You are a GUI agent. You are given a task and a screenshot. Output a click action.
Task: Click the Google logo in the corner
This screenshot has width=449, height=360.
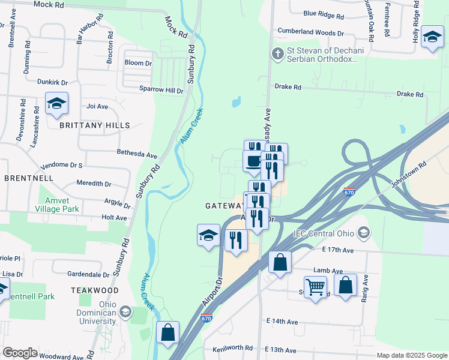pos(20,353)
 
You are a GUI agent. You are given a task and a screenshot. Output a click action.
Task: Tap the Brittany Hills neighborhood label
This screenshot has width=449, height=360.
pos(94,125)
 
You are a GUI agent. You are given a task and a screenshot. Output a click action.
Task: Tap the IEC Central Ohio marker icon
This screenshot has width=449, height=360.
pos(363,232)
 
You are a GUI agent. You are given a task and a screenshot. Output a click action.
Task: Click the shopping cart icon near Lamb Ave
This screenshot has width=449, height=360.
pos(315,287)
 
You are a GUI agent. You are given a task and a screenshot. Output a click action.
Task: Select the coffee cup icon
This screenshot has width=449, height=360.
pos(253,161)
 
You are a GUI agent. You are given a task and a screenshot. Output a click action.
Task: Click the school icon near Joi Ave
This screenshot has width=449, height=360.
pos(56,104)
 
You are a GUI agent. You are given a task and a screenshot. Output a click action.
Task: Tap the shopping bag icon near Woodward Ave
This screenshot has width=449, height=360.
pos(167,332)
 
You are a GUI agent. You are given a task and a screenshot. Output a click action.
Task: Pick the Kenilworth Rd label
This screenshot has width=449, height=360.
pos(232,349)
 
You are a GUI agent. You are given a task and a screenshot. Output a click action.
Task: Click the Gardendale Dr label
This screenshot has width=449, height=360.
pos(88,274)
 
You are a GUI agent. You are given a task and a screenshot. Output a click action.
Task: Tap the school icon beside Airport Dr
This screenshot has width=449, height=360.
pos(208,235)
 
